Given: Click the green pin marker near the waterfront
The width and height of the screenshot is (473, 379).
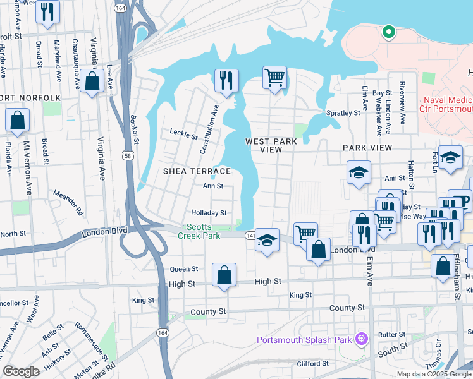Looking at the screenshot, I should [388, 31].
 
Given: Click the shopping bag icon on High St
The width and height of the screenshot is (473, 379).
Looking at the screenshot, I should [224, 275].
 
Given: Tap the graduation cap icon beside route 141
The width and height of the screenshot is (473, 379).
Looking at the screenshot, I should [267, 241].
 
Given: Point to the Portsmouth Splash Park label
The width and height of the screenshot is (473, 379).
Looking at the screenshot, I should [303, 340].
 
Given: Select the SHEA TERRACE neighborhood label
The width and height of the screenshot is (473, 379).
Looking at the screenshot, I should [197, 171].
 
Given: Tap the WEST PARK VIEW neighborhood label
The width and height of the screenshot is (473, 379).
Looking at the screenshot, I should [271, 145].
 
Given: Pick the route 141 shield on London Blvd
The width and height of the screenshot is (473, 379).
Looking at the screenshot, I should [250, 234].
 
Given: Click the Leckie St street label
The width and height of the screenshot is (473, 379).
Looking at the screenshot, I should [184, 134].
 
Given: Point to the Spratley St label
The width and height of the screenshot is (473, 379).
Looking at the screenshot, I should [343, 113].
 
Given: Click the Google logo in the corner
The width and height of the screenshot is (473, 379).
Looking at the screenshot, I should [21, 371].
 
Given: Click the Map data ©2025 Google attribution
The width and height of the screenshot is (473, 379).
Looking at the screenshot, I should [433, 373].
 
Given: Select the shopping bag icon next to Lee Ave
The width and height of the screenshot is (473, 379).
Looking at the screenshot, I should [92, 81].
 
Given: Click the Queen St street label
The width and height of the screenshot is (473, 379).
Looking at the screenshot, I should [184, 268].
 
